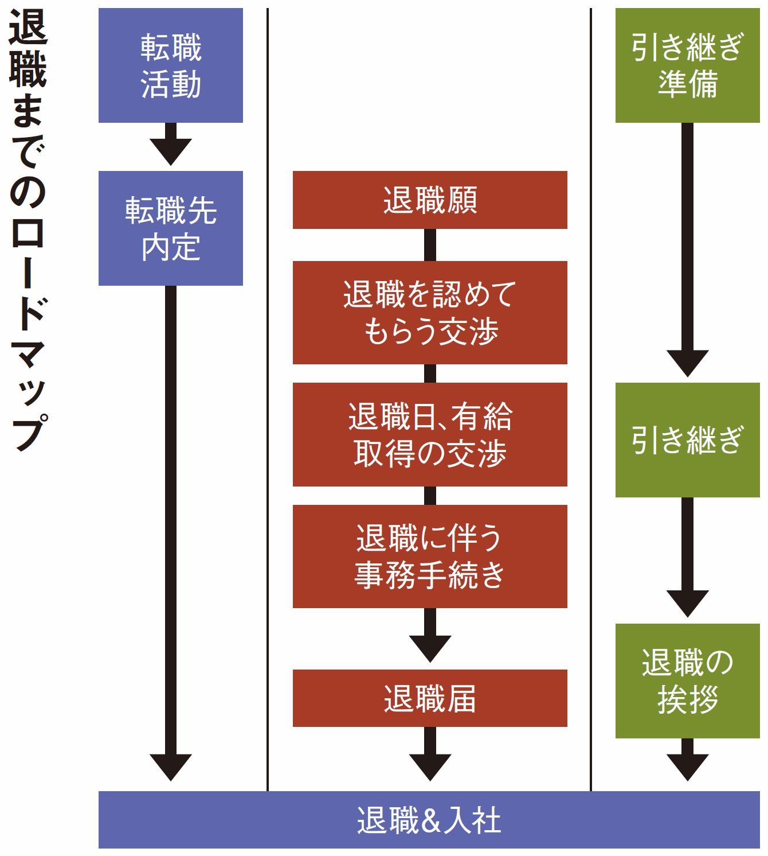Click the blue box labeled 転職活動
click(171, 65)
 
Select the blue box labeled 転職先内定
click(171, 228)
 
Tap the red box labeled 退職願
click(430, 200)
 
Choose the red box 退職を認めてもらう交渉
click(430, 313)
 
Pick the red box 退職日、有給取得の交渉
click(430, 435)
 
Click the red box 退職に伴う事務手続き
click(430, 557)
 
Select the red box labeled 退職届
click(430, 698)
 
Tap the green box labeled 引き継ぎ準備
click(687, 65)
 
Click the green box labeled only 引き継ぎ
click(687, 440)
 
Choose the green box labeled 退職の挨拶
click(687, 681)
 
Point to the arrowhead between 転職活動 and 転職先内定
click(171, 151)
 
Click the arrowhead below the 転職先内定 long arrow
click(171, 766)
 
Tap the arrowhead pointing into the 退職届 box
click(430, 648)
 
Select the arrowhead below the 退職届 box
click(430, 766)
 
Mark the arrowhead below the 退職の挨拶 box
click(687, 766)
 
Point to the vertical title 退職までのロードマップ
click(28, 229)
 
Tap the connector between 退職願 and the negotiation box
click(430, 245)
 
